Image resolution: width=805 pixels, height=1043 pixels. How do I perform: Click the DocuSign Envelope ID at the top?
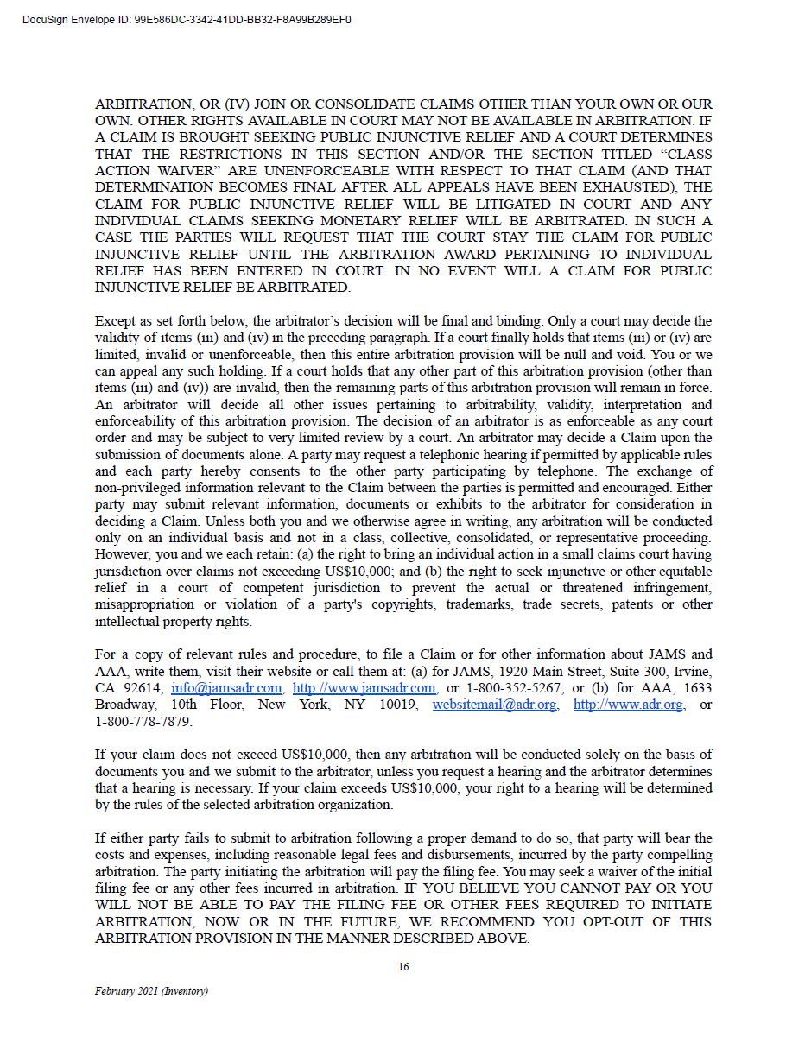click(187, 19)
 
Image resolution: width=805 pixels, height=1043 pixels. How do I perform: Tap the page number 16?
click(403, 967)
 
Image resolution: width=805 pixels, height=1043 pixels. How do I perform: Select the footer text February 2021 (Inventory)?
click(151, 991)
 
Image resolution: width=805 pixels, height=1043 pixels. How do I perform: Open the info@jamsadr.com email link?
click(226, 688)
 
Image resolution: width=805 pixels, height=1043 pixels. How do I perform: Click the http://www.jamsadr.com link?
click(364, 688)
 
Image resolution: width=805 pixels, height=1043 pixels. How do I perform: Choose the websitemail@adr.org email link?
click(494, 705)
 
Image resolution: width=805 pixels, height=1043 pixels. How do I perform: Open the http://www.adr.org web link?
click(628, 705)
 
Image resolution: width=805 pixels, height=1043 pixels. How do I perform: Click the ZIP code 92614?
click(143, 688)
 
